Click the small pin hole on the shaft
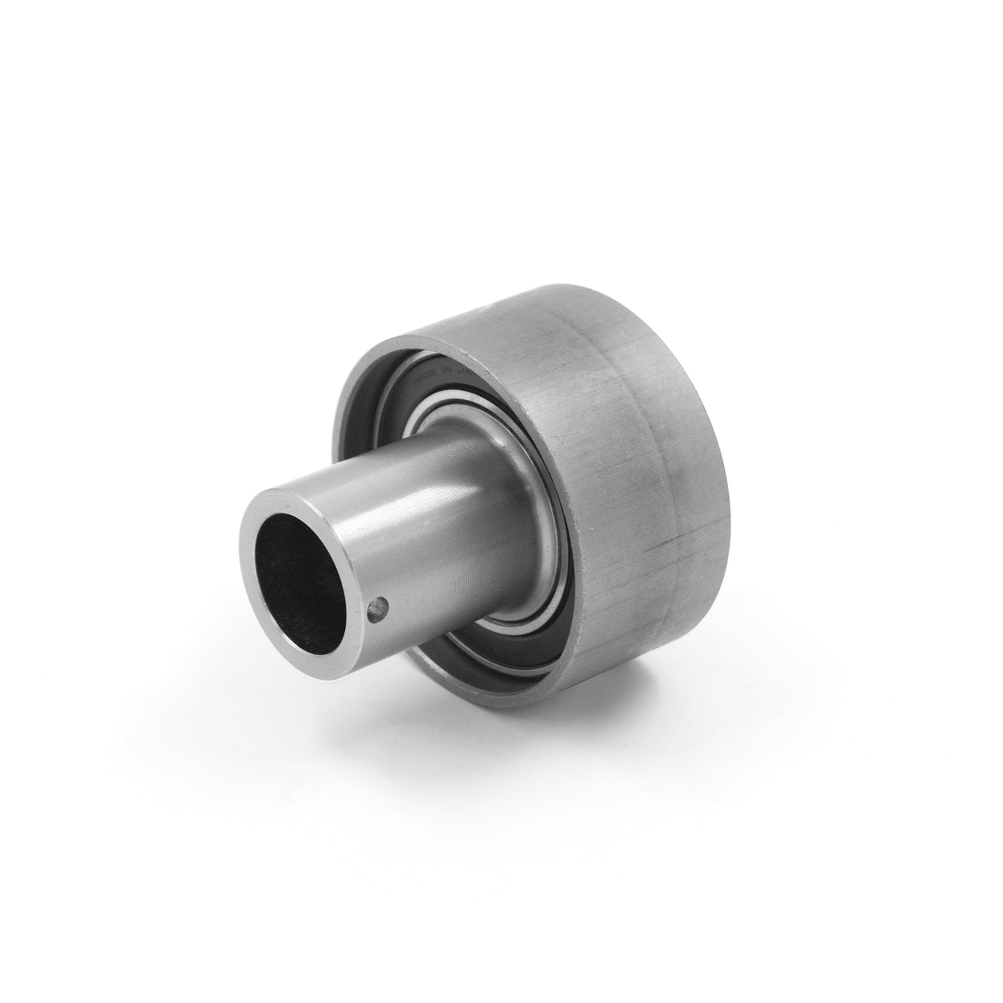376,609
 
